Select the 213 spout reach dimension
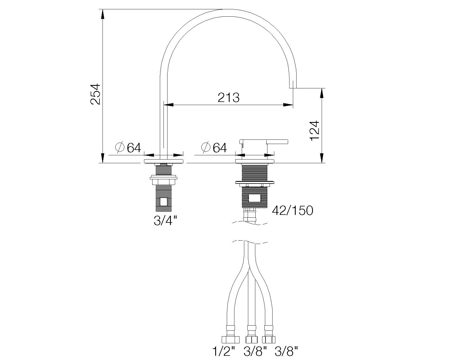pos(228,97)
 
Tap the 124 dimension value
pos(315,130)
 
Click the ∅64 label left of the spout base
pos(128,147)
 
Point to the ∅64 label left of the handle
pos(214,147)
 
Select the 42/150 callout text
pos(292,210)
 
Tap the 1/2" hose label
pos(224,352)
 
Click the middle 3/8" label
pos(255,352)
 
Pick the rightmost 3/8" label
pos(286,352)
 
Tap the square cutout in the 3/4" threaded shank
pos(164,202)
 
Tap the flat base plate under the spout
pos(164,161)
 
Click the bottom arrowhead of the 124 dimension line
pos(322,158)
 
